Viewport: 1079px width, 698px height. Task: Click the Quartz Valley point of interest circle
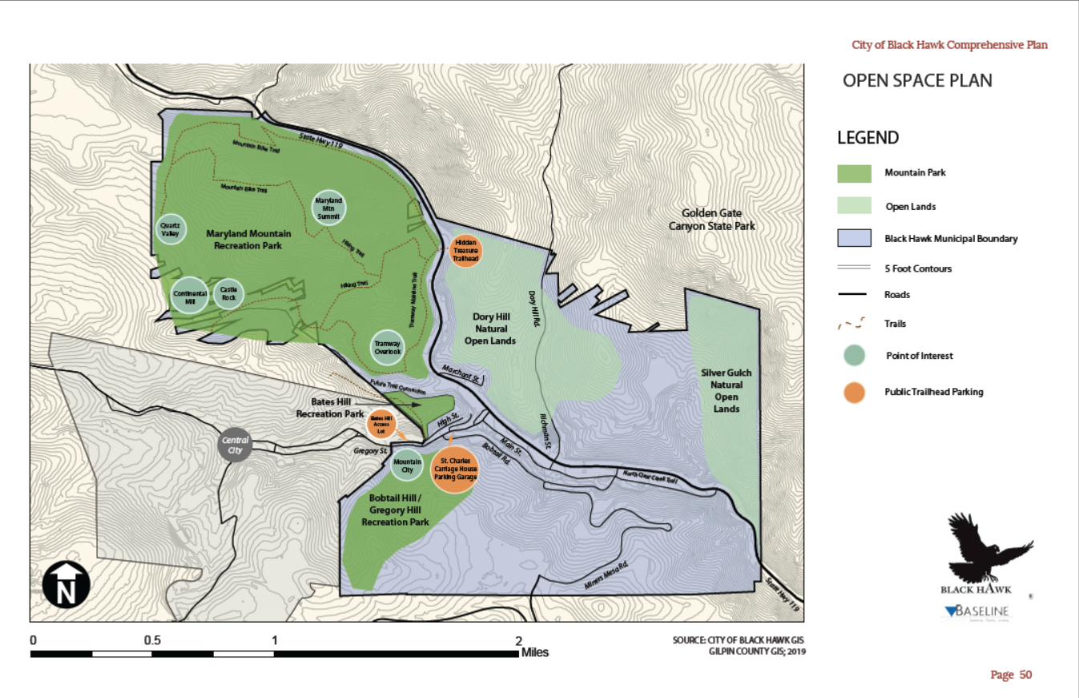tap(171, 228)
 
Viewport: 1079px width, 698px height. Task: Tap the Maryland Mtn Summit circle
tap(328, 208)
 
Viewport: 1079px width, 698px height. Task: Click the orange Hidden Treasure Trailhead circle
tap(466, 250)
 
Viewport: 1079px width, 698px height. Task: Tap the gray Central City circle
tap(236, 445)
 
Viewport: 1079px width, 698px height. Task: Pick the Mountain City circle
tap(407, 465)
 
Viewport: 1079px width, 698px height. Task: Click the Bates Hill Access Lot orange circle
tap(380, 424)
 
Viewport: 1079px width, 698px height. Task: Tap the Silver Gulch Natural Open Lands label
tap(726, 390)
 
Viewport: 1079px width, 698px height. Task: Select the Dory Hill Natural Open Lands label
tap(490, 329)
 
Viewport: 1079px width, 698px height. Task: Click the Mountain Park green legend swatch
tap(855, 173)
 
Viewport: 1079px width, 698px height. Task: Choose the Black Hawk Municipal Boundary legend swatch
tap(855, 238)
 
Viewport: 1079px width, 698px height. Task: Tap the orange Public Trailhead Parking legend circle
tap(855, 392)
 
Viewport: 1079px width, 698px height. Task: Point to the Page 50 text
tap(1011, 675)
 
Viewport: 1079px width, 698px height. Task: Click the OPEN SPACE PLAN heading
tap(917, 81)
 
